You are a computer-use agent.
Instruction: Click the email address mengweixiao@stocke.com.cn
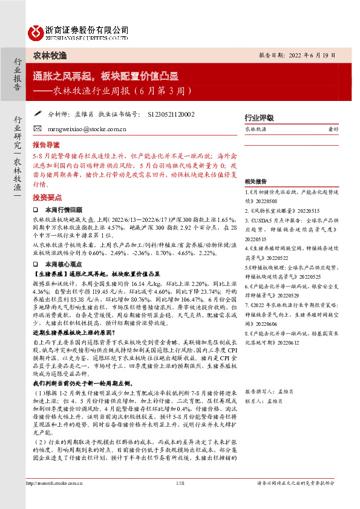pyautogui.click(x=85, y=129)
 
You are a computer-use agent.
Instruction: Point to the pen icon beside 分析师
pyautogui.click(x=38, y=113)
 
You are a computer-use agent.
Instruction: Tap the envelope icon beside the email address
pyautogui.click(x=38, y=129)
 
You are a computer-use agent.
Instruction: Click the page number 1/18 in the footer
pyautogui.click(x=180, y=499)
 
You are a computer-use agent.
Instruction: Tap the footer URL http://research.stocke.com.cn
pyautogui.click(x=57, y=499)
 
